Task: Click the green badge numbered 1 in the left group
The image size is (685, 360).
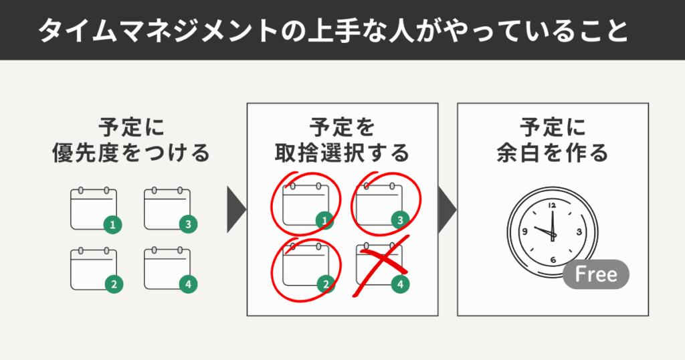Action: (112, 225)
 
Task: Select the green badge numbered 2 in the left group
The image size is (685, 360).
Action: (114, 284)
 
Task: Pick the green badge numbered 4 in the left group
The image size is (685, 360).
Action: (188, 284)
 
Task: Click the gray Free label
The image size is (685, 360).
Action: (595, 275)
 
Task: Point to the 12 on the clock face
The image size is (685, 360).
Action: (552, 205)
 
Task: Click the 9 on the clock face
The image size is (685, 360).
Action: (526, 232)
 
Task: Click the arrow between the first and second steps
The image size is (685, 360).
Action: (235, 209)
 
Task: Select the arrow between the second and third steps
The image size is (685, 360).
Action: (446, 209)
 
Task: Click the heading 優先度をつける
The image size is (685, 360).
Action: (131, 154)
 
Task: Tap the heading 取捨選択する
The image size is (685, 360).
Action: (342, 154)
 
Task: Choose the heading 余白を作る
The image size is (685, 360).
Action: (553, 154)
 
